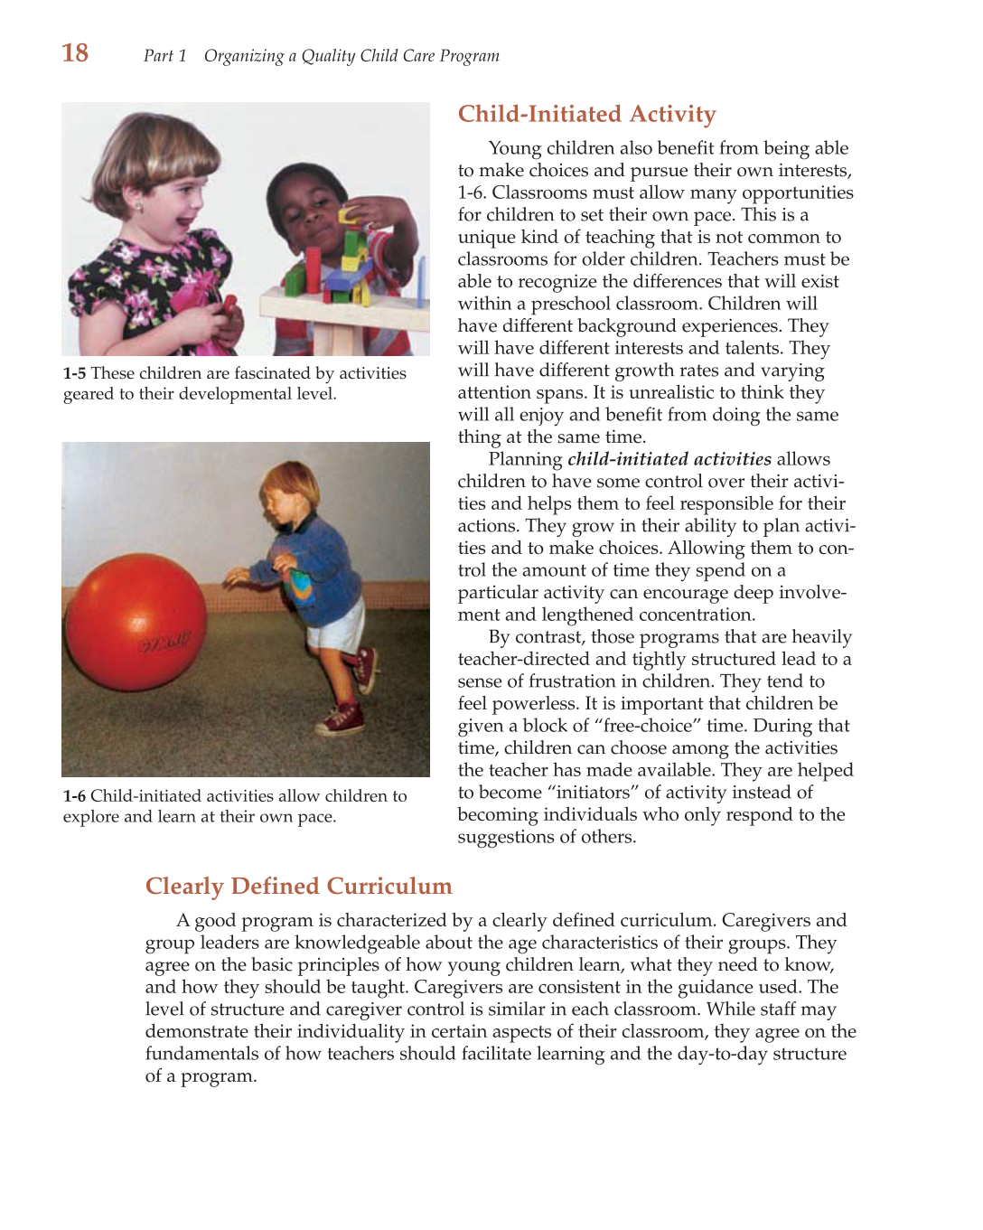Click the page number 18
click(75, 53)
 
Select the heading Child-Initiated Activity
click(586, 114)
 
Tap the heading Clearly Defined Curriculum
click(298, 886)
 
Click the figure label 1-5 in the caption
click(74, 373)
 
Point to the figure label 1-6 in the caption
click(74, 796)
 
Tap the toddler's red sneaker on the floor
click(341, 720)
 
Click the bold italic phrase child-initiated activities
click(669, 459)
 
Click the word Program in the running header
click(469, 56)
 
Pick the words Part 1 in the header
click(164, 56)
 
